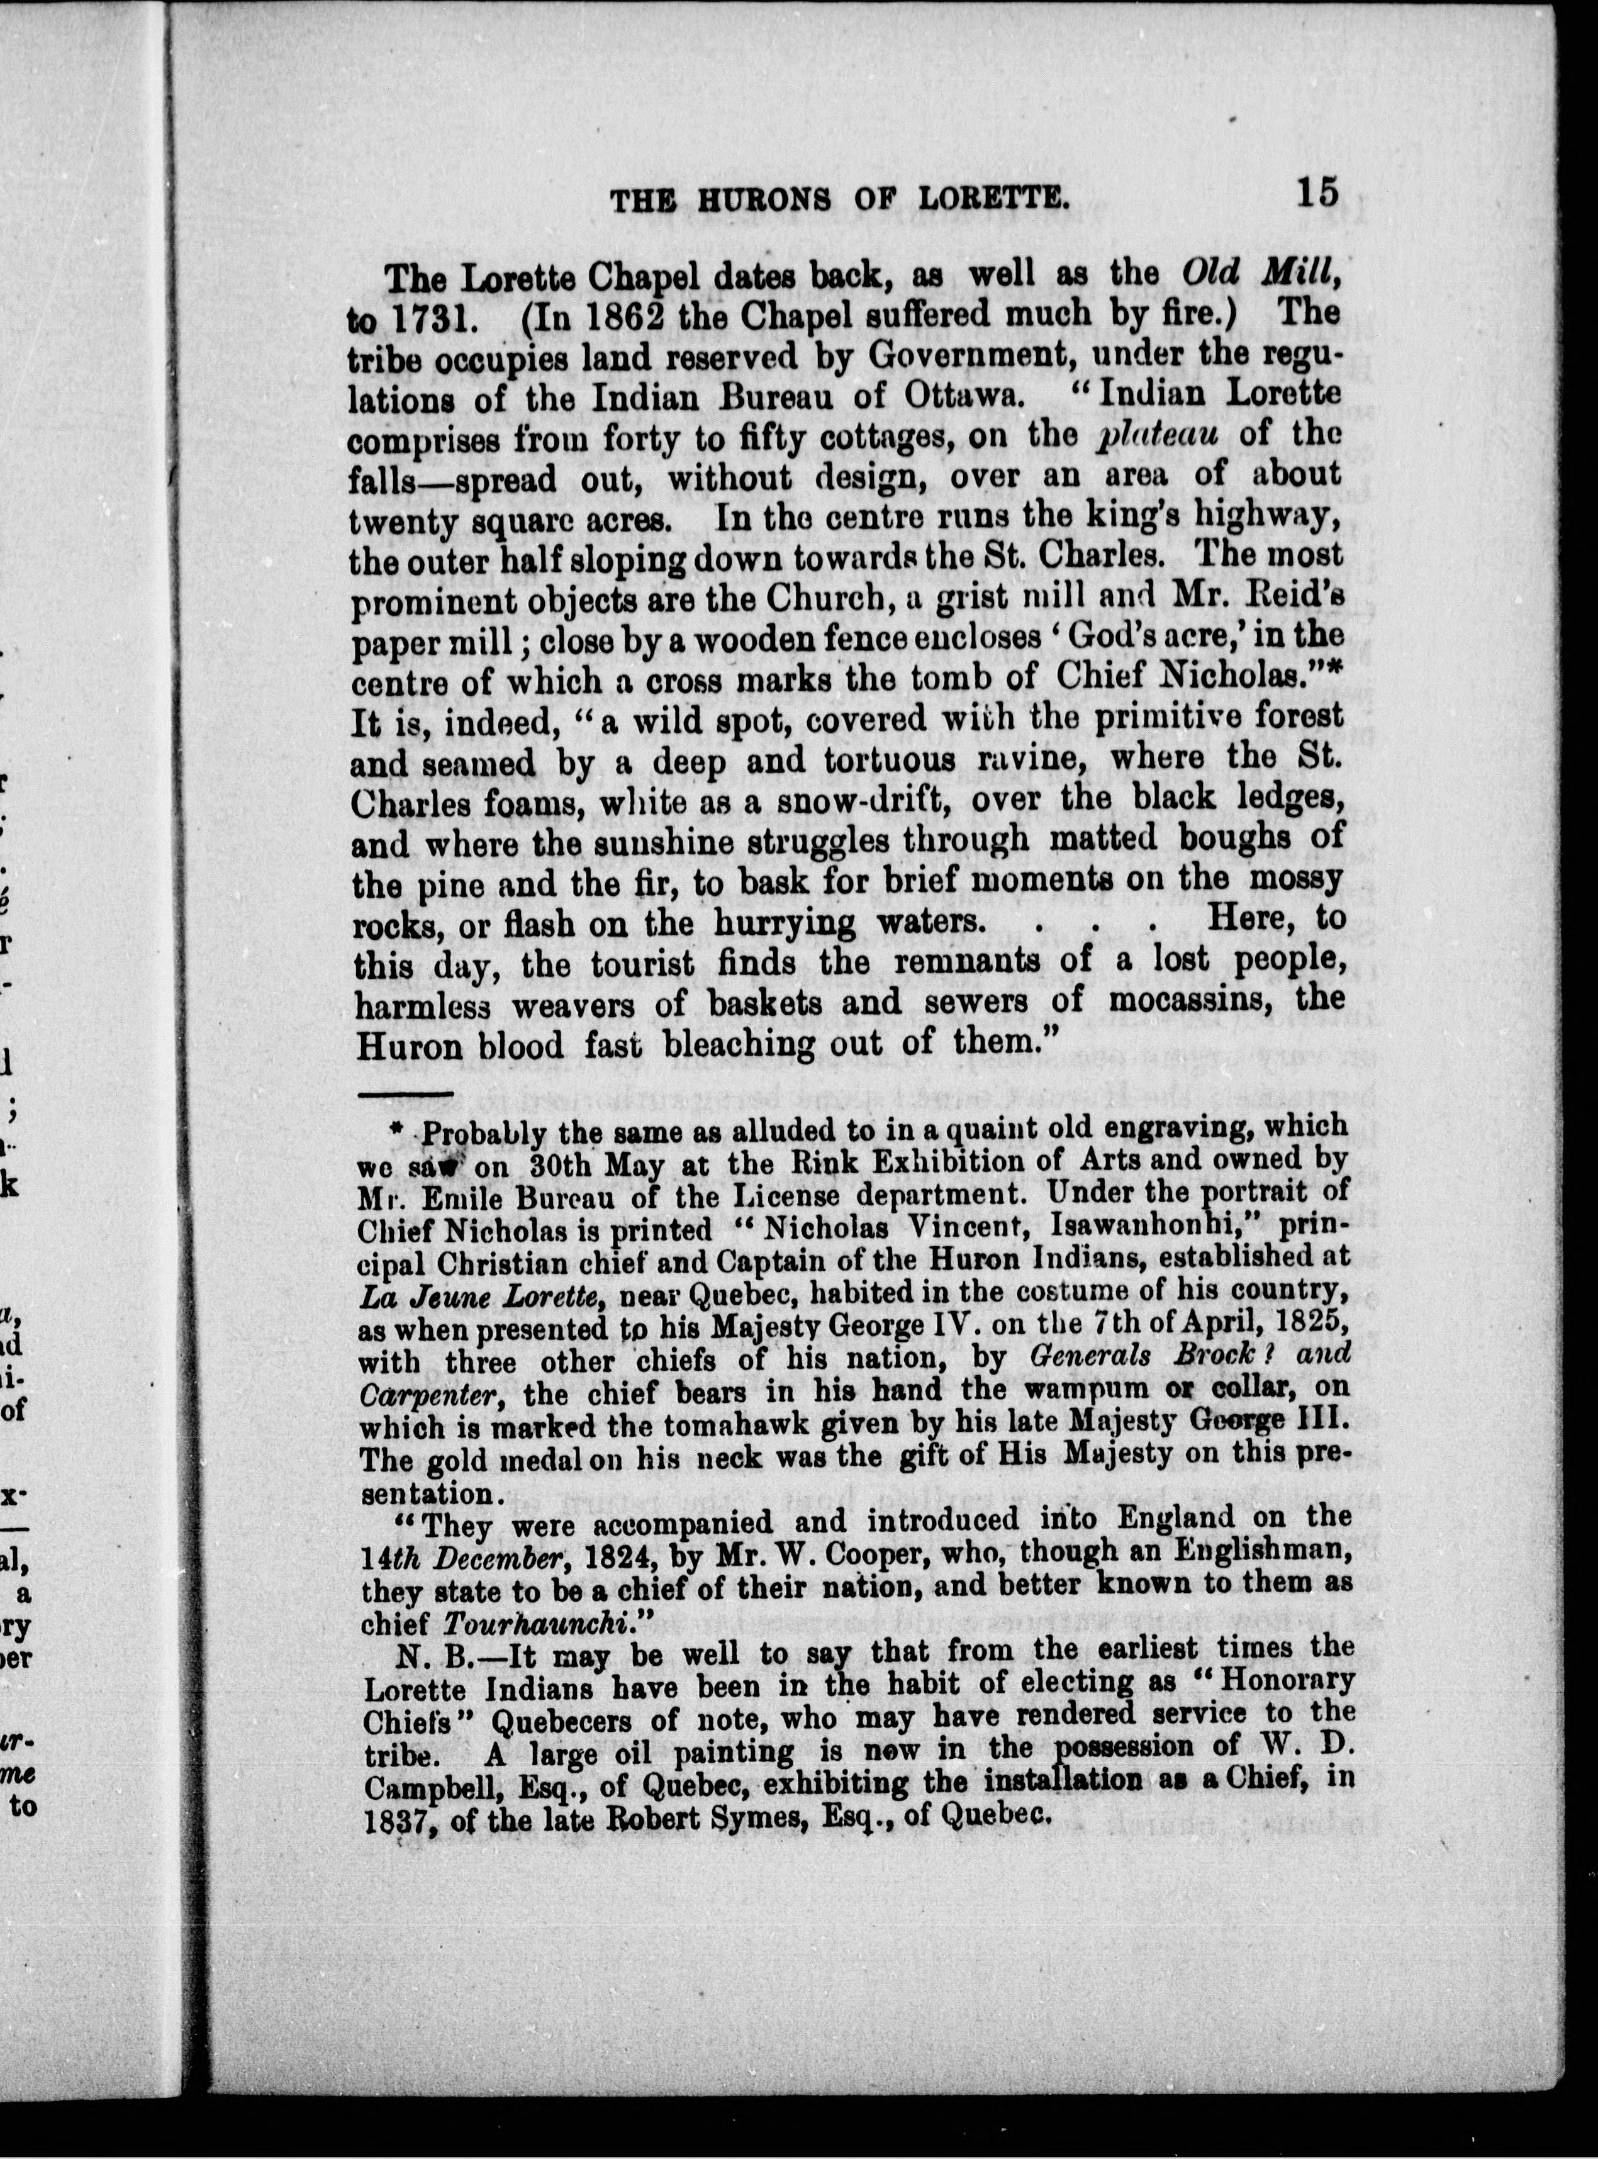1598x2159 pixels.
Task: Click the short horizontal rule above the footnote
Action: (398, 1094)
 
